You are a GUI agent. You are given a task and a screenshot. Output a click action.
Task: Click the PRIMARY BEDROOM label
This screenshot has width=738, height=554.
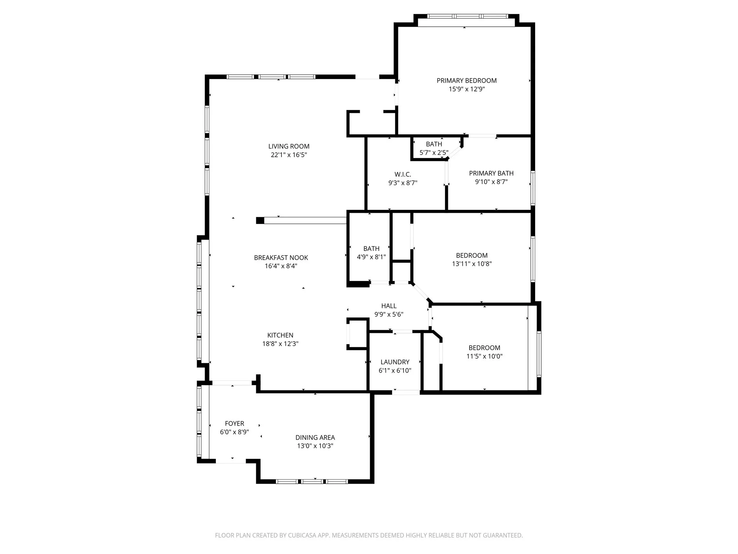[466, 80]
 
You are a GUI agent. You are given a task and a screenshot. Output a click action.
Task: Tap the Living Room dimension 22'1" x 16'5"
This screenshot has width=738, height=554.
[289, 155]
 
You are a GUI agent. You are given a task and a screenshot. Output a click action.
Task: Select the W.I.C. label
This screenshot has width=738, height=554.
[403, 175]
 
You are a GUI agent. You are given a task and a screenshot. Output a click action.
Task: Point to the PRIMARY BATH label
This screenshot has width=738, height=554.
[491, 173]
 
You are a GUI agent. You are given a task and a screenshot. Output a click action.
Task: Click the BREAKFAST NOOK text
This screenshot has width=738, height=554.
[281, 258]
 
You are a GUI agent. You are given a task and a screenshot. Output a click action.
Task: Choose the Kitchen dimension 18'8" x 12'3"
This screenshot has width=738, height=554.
[280, 344]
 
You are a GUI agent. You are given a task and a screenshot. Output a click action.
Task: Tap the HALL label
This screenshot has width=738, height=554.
[388, 306]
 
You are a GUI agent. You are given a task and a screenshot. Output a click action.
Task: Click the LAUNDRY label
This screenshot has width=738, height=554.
[395, 362]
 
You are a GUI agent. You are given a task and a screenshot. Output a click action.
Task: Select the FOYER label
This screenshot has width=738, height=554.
[234, 423]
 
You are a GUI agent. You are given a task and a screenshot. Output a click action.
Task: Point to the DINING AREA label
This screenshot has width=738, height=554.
[315, 438]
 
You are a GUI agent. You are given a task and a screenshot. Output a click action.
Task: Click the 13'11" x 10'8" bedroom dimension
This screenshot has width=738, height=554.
[472, 264]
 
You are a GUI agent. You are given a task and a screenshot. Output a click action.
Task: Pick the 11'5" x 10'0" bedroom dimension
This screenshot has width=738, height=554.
[484, 356]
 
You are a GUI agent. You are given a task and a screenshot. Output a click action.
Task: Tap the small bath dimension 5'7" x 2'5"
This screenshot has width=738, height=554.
[434, 153]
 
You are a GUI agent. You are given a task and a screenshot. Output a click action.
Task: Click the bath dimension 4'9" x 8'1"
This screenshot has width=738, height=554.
[371, 257]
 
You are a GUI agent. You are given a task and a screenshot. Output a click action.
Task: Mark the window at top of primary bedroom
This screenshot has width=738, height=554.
[467, 16]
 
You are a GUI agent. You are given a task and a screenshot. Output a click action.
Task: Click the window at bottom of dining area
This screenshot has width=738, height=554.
[312, 481]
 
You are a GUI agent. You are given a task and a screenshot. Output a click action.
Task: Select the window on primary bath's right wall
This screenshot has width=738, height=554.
[533, 188]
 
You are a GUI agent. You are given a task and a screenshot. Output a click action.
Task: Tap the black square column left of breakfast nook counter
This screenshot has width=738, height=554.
[260, 220]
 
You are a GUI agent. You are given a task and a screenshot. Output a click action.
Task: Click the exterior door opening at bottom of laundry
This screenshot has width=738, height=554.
[406, 392]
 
